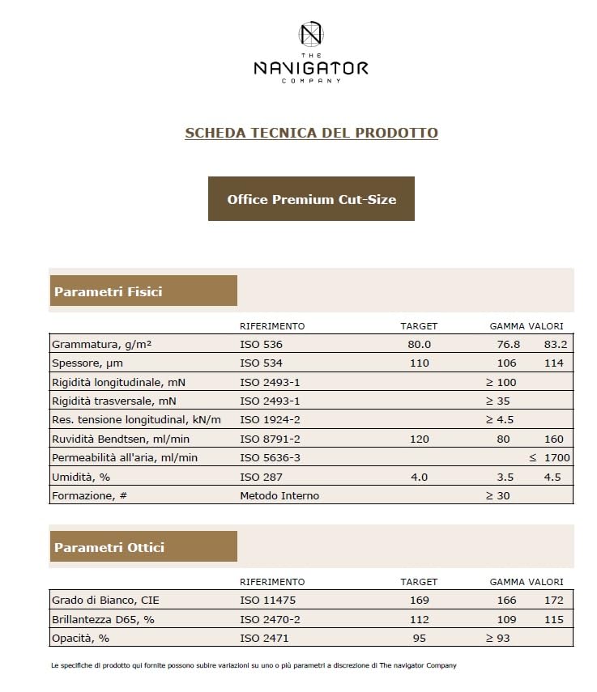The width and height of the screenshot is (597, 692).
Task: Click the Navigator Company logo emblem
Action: coord(311,34)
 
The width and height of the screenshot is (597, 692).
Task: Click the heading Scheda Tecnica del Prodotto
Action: coord(311,133)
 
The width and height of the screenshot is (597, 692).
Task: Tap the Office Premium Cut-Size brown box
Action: coord(311,199)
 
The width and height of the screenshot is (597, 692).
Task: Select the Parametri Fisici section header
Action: coord(143,291)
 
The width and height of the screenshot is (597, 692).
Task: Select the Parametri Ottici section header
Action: coord(143,547)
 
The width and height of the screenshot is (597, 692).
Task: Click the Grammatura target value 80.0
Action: coord(419,345)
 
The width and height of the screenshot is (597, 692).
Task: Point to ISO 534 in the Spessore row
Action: coord(261,363)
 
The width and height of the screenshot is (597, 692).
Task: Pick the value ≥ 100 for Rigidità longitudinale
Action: coord(501,382)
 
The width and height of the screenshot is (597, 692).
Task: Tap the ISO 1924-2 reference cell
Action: coord(270,419)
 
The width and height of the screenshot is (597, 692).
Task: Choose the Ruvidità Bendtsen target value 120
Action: coord(419,439)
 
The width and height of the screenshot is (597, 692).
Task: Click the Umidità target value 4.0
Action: coord(419,477)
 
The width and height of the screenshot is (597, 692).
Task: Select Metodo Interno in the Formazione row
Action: coord(279,495)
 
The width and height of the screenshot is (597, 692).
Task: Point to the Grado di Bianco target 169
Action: coord(419,601)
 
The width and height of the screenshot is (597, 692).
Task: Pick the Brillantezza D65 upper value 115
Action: coord(554,619)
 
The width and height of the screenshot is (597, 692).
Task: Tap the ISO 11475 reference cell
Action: coord(264,601)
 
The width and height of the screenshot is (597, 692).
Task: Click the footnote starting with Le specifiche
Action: coord(254,665)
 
